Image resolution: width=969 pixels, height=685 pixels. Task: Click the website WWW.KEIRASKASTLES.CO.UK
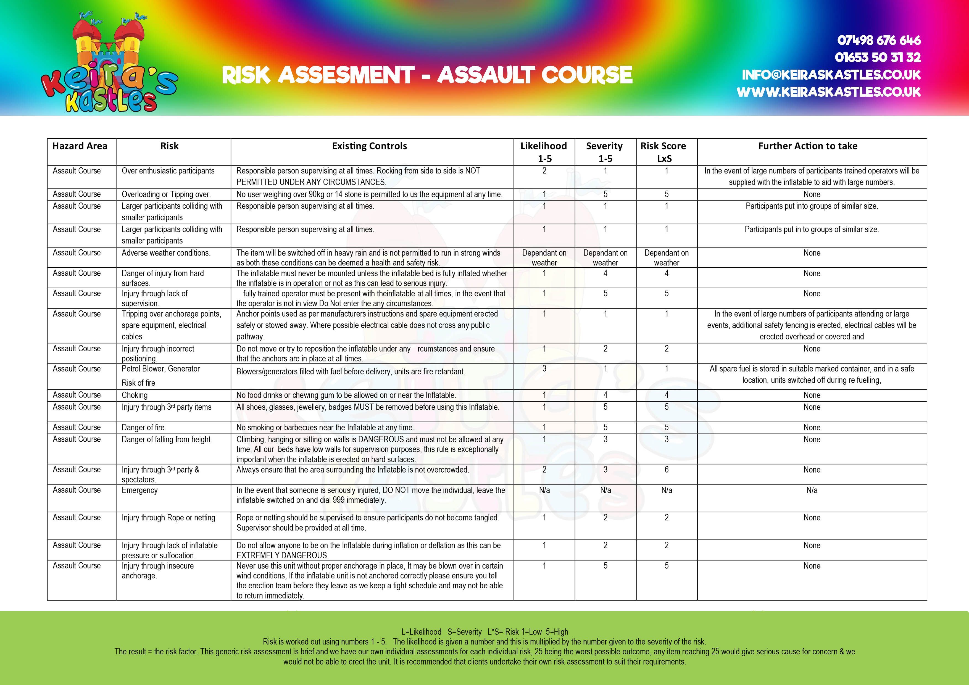[x=828, y=92]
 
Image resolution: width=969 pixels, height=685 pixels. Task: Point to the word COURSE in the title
[x=587, y=75]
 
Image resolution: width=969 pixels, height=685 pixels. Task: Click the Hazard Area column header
[x=80, y=146]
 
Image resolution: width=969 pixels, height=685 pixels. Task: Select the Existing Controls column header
[x=369, y=146]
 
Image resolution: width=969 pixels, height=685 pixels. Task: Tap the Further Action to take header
[x=807, y=146]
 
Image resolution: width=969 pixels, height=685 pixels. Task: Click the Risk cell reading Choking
[x=135, y=395]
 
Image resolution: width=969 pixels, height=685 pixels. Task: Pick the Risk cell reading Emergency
[x=140, y=490]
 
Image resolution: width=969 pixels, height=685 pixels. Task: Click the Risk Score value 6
[x=667, y=469]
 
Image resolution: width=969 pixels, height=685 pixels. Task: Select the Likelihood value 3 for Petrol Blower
[x=544, y=368]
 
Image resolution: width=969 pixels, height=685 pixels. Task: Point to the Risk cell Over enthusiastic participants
[x=168, y=171]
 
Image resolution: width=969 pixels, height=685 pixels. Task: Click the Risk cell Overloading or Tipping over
[x=166, y=194]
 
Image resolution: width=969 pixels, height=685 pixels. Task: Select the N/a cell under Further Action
[x=812, y=490]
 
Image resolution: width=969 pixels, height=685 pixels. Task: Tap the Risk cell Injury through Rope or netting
[x=168, y=517]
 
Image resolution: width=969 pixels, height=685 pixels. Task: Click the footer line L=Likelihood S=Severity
[x=485, y=631]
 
